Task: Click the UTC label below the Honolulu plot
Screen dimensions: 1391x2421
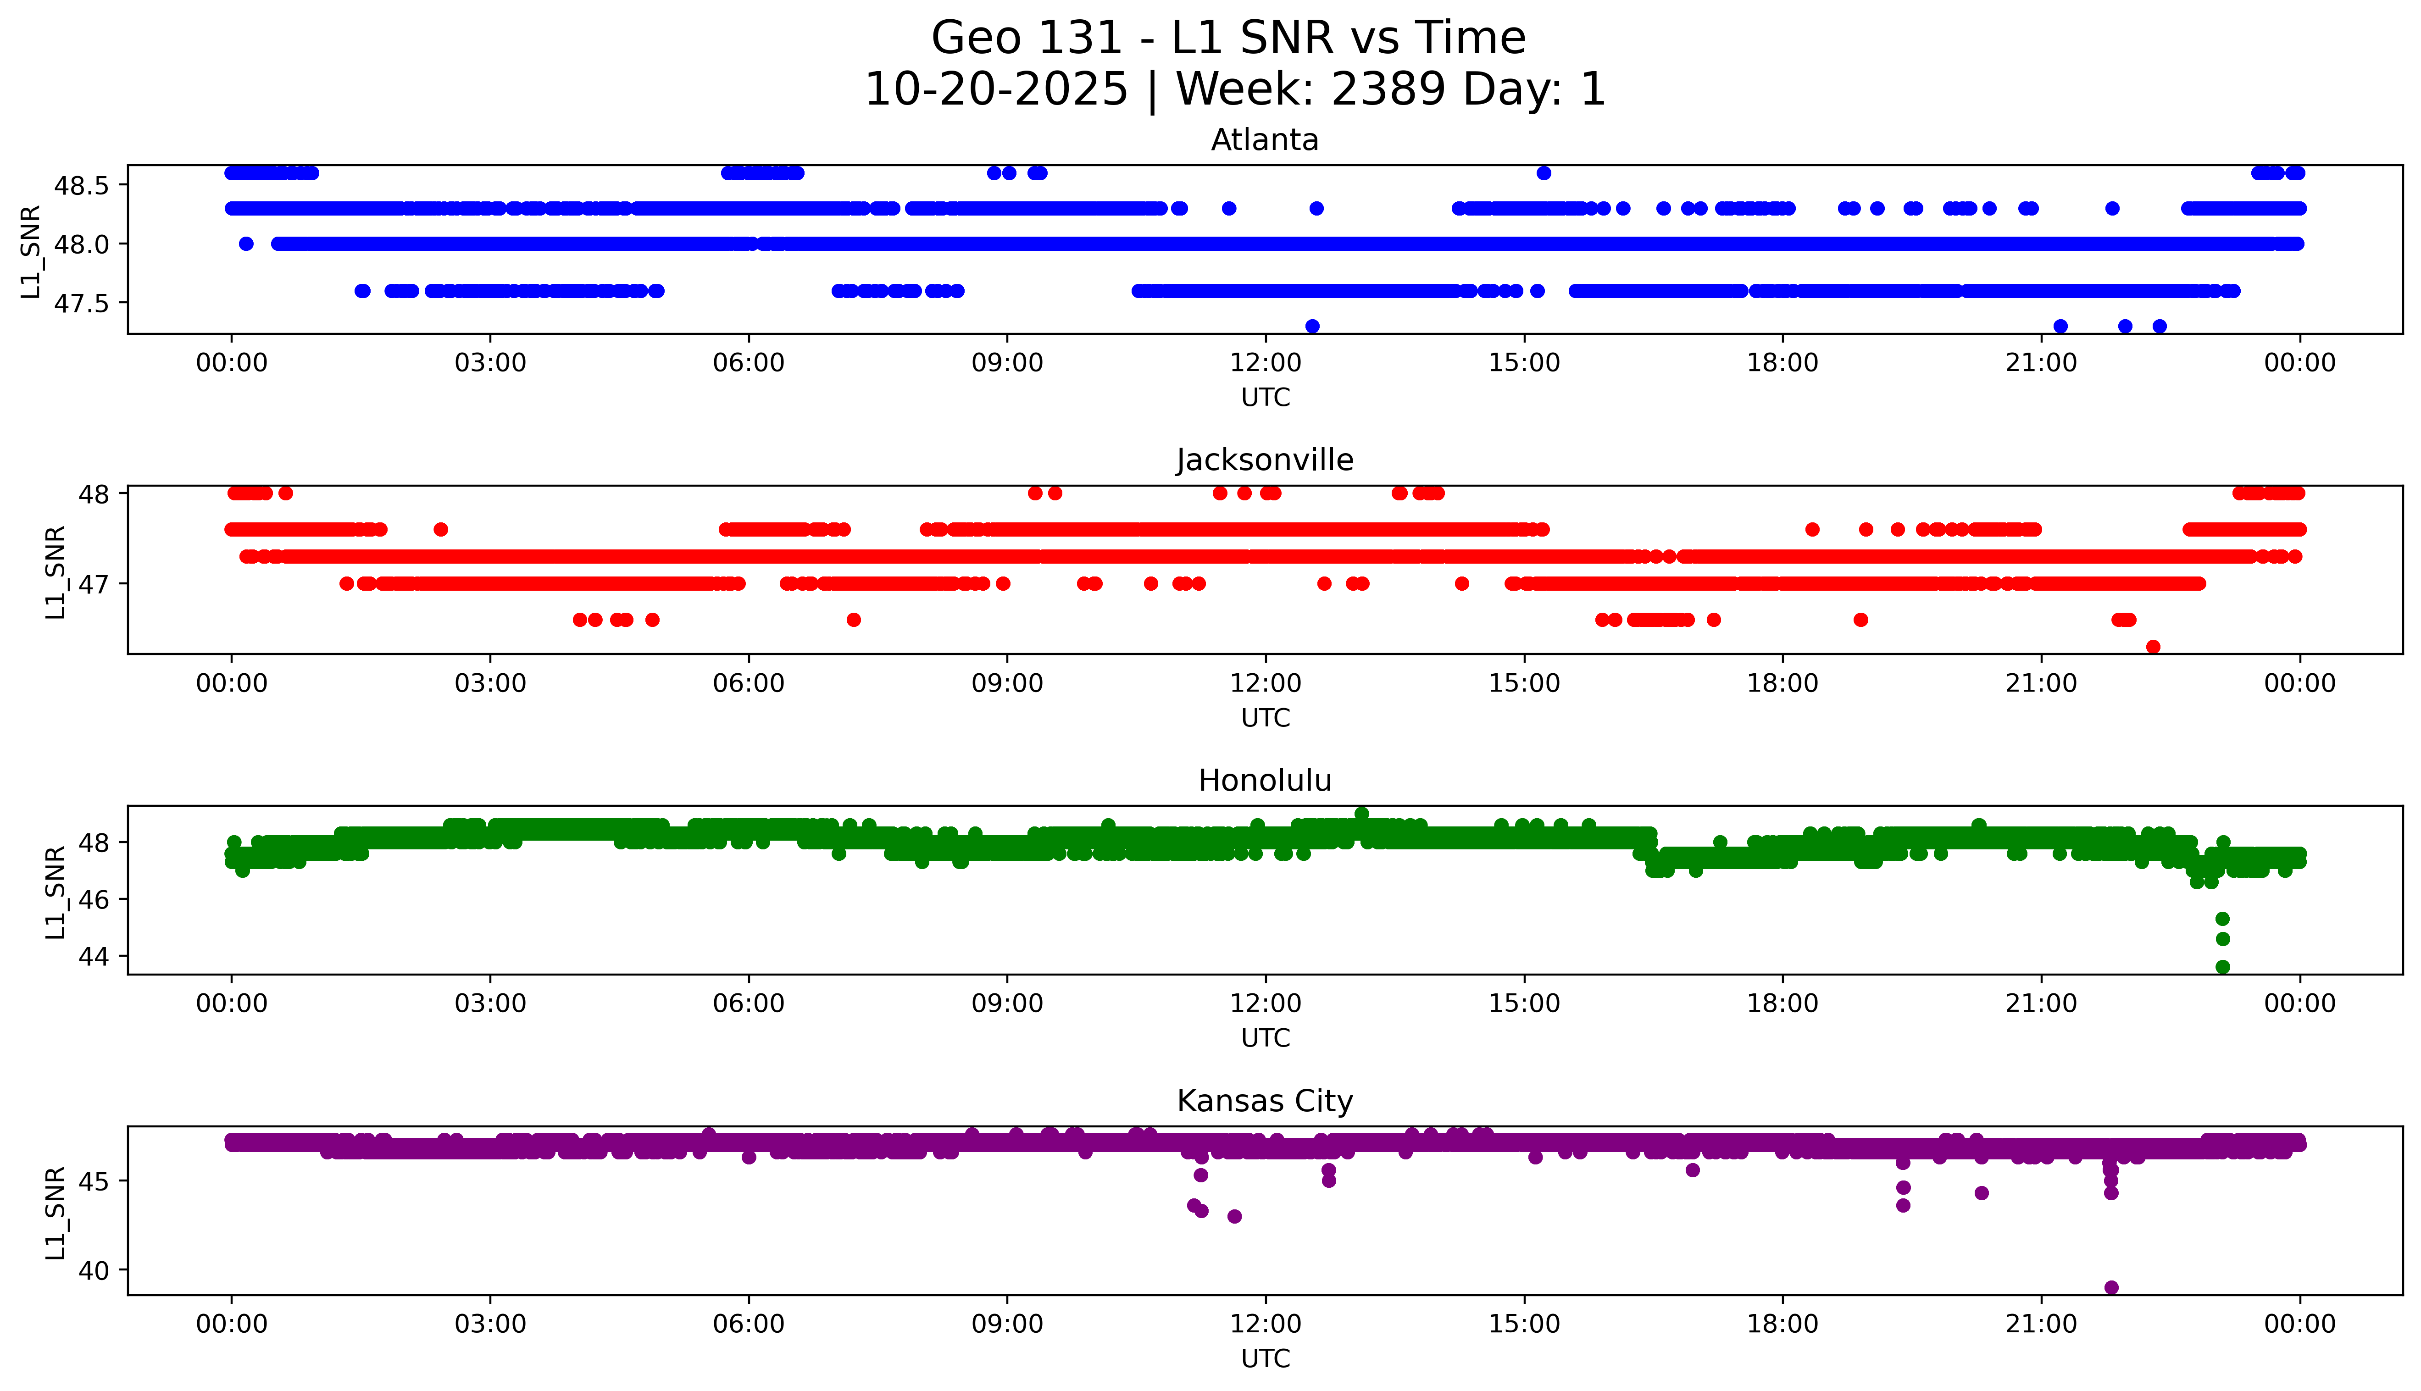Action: [1265, 1037]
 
